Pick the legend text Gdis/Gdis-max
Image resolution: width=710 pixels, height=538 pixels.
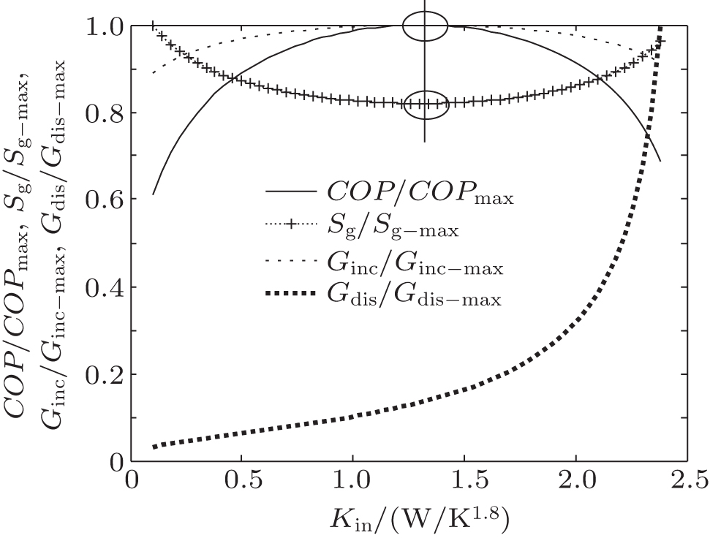(409, 297)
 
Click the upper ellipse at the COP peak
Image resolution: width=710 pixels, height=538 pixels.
(425, 27)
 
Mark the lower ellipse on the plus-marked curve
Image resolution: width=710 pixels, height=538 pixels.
(425, 104)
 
